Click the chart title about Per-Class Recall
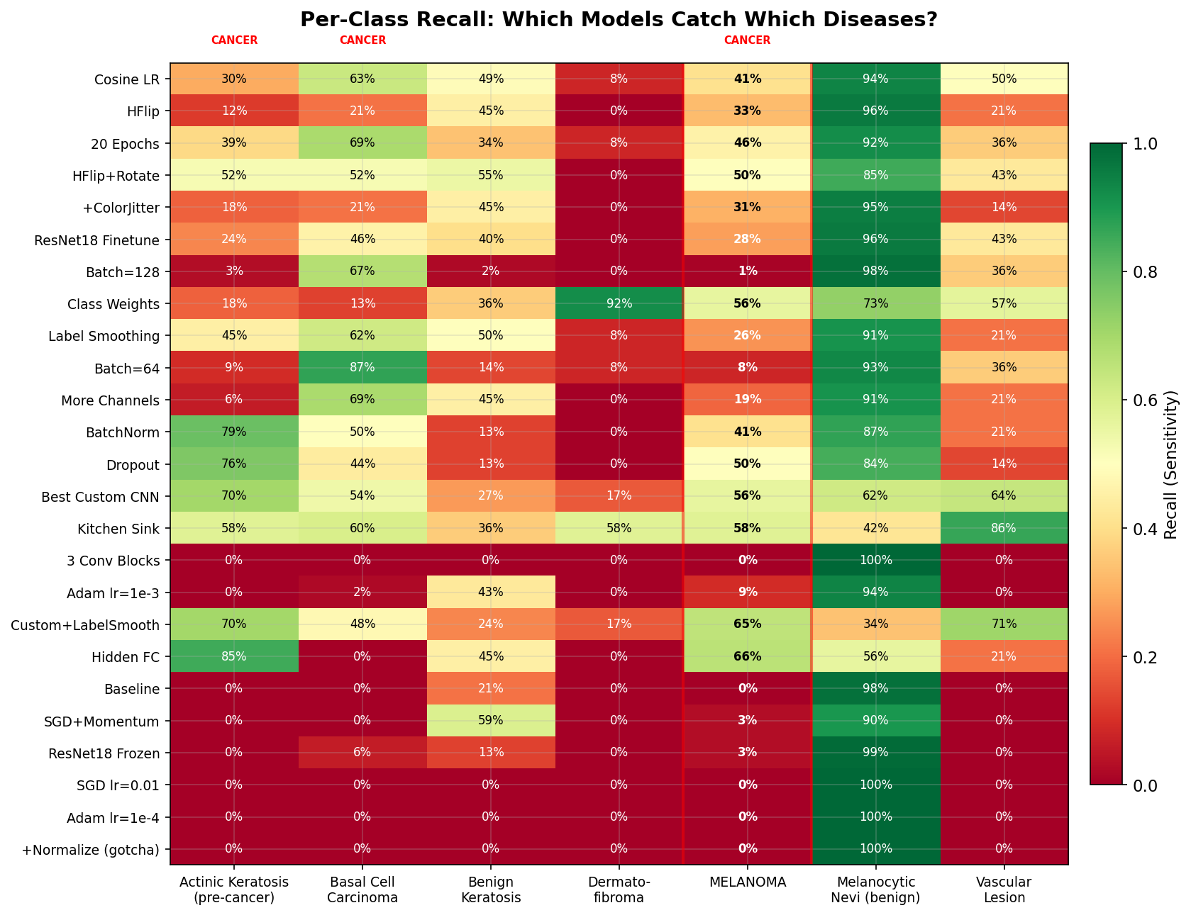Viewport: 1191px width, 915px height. pyautogui.click(x=619, y=19)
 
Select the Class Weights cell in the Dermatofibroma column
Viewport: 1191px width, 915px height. pyautogui.click(x=619, y=303)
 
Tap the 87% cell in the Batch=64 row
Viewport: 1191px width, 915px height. pyautogui.click(x=362, y=367)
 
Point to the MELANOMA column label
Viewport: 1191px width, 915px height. pyautogui.click(x=747, y=883)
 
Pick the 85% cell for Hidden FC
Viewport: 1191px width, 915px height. pyautogui.click(x=234, y=656)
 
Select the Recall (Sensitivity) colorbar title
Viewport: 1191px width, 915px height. pyautogui.click(x=1170, y=464)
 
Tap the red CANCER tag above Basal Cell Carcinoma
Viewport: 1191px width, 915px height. pyautogui.click(x=362, y=40)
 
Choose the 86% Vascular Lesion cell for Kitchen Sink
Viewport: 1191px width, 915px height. pyautogui.click(x=1004, y=528)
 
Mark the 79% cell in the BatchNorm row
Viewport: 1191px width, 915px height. pyautogui.click(x=234, y=432)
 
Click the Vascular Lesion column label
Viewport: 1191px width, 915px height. pyautogui.click(x=1004, y=890)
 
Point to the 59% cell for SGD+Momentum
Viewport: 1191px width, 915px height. pyautogui.click(x=491, y=720)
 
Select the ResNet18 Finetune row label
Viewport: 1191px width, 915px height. pyautogui.click(x=97, y=240)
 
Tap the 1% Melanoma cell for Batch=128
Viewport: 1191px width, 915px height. pyautogui.click(x=747, y=271)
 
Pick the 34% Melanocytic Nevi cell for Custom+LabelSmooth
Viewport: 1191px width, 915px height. pyautogui.click(x=875, y=624)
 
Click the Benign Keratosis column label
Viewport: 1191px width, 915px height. pyautogui.click(x=491, y=890)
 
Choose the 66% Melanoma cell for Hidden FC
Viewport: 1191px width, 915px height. pyautogui.click(x=747, y=656)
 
